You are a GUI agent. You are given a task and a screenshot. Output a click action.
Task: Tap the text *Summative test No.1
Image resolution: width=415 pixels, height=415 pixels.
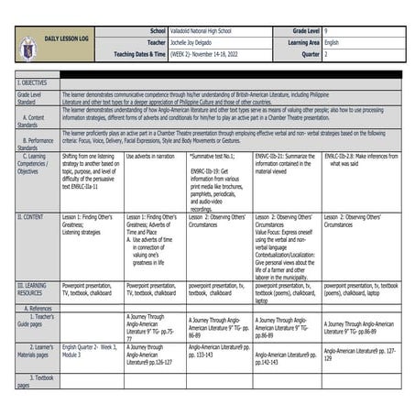coord(215,157)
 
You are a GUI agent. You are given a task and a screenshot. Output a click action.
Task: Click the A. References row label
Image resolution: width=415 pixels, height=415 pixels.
coord(37,309)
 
